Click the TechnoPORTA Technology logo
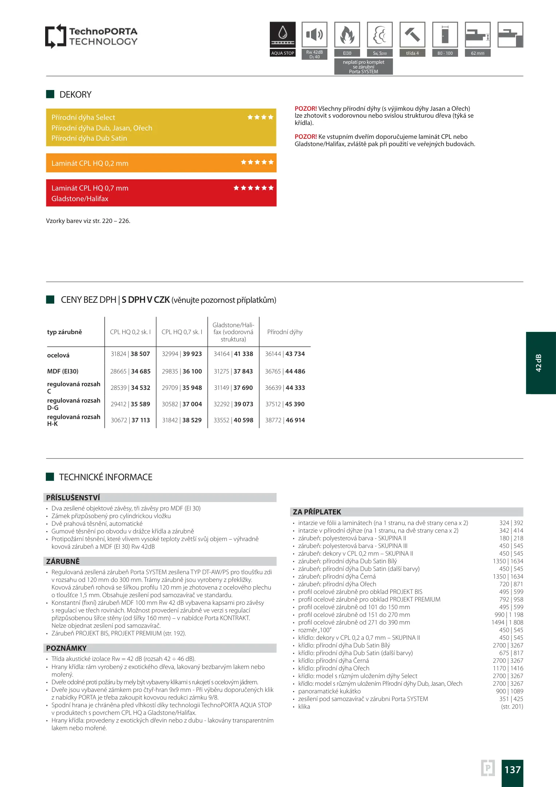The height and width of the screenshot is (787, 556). click(91, 36)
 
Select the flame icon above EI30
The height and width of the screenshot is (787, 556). click(347, 35)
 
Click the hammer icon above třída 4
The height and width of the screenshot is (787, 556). click(412, 35)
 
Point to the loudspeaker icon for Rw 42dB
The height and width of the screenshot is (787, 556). click(315, 35)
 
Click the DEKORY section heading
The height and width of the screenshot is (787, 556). click(75, 95)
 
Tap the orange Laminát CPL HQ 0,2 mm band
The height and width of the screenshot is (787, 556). click(161, 163)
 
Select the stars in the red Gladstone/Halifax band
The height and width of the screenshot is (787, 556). click(253, 188)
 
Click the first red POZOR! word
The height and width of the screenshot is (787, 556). click(305, 109)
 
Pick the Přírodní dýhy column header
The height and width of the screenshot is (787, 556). click(285, 332)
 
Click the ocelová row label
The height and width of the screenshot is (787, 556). click(58, 355)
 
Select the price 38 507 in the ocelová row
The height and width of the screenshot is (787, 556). click(140, 354)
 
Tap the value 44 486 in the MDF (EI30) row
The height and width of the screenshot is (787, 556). click(295, 371)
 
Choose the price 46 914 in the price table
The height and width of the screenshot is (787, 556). click(295, 420)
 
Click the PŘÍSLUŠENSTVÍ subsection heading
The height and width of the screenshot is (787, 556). click(73, 498)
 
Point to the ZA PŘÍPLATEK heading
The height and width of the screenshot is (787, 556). click(317, 512)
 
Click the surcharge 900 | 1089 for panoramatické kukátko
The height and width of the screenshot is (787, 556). click(509, 691)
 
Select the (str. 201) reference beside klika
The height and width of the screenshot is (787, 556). click(512, 706)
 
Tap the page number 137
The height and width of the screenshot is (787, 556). click(512, 770)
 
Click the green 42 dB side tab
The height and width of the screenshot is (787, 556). click(540, 363)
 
